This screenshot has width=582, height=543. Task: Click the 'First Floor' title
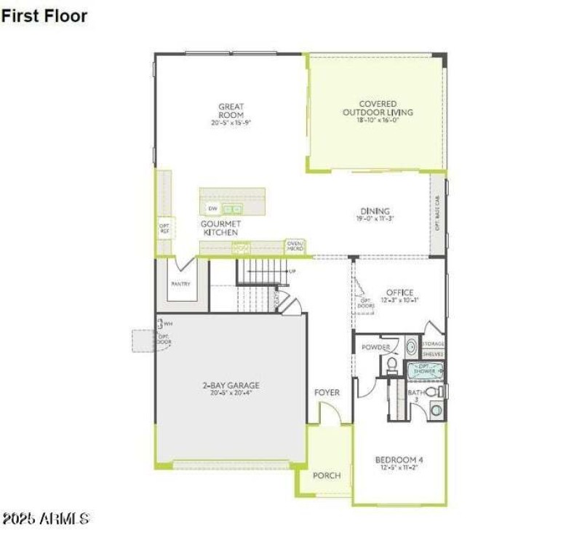(x=44, y=15)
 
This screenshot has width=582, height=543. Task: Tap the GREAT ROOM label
(x=231, y=111)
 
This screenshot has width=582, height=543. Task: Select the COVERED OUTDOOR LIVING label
(x=378, y=108)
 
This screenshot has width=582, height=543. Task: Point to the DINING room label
(x=375, y=212)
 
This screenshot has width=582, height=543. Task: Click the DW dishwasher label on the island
(x=212, y=208)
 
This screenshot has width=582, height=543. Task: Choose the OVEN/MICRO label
(x=295, y=246)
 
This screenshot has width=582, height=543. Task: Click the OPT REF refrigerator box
(x=164, y=229)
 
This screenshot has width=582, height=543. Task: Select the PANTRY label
(x=180, y=284)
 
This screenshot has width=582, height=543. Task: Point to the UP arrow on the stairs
(x=292, y=271)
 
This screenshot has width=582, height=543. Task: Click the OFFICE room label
(x=399, y=293)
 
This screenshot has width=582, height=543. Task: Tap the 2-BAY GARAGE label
(x=231, y=386)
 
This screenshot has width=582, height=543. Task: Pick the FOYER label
(x=327, y=392)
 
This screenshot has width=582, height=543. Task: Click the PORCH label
(x=327, y=475)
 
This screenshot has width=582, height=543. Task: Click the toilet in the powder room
(x=391, y=363)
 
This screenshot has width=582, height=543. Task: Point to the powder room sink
(x=410, y=346)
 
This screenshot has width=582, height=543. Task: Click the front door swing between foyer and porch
(x=330, y=416)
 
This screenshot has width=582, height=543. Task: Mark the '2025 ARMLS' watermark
(x=45, y=519)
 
